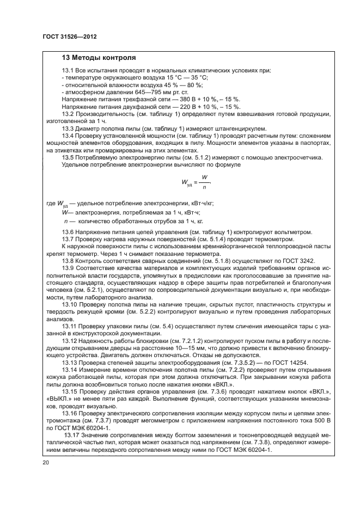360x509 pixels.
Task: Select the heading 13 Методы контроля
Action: (x=99, y=58)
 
